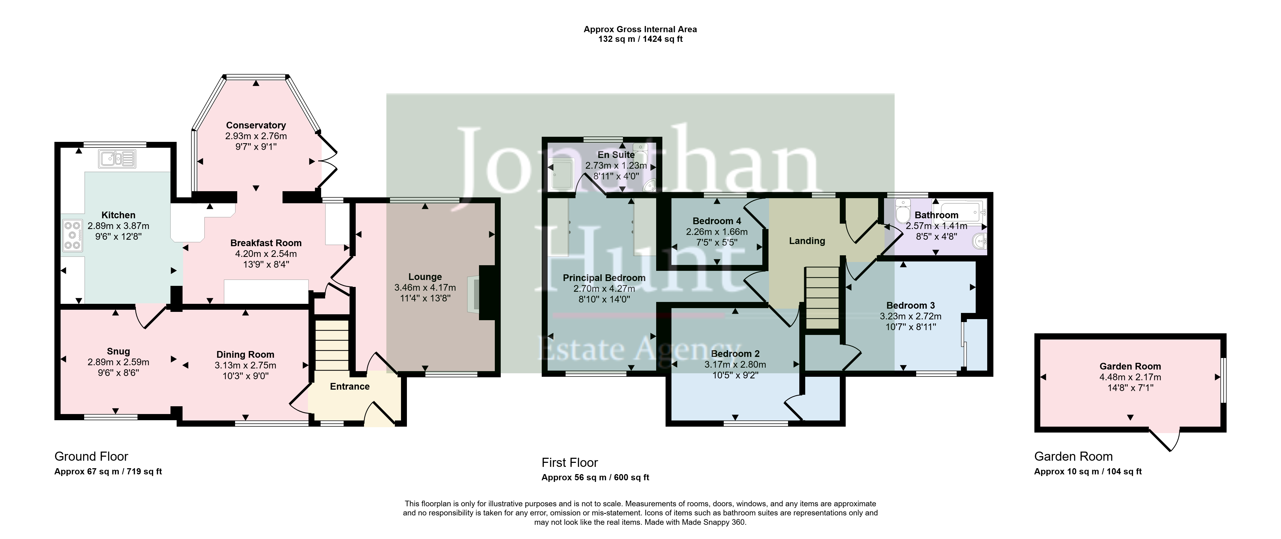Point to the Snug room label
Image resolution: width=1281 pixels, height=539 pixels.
(118, 351)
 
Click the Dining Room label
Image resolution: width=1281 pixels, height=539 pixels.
(245, 354)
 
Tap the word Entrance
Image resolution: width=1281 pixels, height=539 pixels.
(350, 386)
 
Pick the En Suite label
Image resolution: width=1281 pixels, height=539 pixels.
(616, 155)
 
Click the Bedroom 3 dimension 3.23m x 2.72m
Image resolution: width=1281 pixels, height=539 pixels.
(911, 316)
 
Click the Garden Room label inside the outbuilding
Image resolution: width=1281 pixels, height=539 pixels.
(1130, 366)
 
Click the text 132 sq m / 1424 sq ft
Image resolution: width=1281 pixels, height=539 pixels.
(640, 39)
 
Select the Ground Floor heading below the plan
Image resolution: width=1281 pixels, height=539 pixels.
(91, 456)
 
